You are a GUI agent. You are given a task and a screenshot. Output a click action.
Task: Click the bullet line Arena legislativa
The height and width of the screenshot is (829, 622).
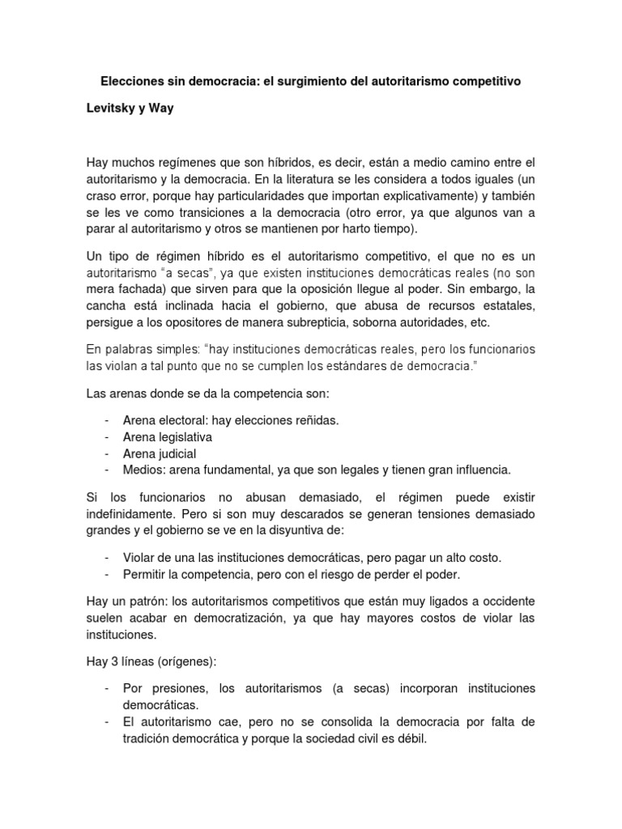point(167,436)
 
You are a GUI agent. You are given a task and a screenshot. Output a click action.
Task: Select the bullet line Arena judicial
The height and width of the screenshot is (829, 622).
point(160,453)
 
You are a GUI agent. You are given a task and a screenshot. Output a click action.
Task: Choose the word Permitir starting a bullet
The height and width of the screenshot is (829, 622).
point(147,575)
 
